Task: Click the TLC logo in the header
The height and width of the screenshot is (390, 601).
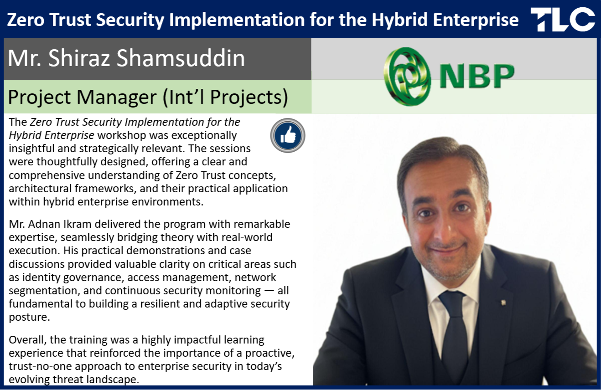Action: tap(563, 19)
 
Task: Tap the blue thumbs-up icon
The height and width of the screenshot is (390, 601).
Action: tap(288, 135)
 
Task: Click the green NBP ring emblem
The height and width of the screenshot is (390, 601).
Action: tap(407, 77)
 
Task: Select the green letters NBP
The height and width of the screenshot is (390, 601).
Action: tap(477, 76)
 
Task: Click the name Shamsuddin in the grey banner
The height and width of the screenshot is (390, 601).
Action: tap(181, 58)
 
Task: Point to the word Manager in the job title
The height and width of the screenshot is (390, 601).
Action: tap(117, 97)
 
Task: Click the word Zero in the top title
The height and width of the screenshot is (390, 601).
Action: tap(26, 20)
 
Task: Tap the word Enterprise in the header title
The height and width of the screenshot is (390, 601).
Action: tap(476, 21)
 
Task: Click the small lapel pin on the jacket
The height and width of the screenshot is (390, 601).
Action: tap(503, 303)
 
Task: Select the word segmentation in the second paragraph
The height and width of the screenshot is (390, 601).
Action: tap(44, 291)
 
